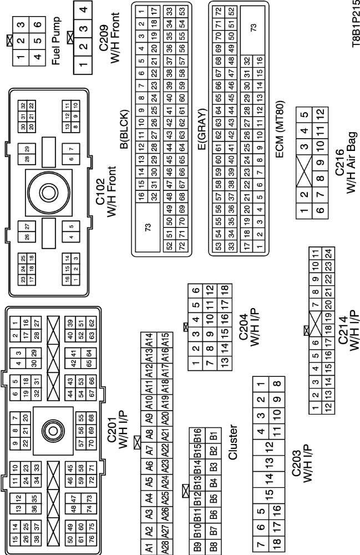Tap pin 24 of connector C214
click(x=328, y=254)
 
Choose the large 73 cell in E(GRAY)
click(x=254, y=31)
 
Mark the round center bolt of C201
click(x=53, y=429)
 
